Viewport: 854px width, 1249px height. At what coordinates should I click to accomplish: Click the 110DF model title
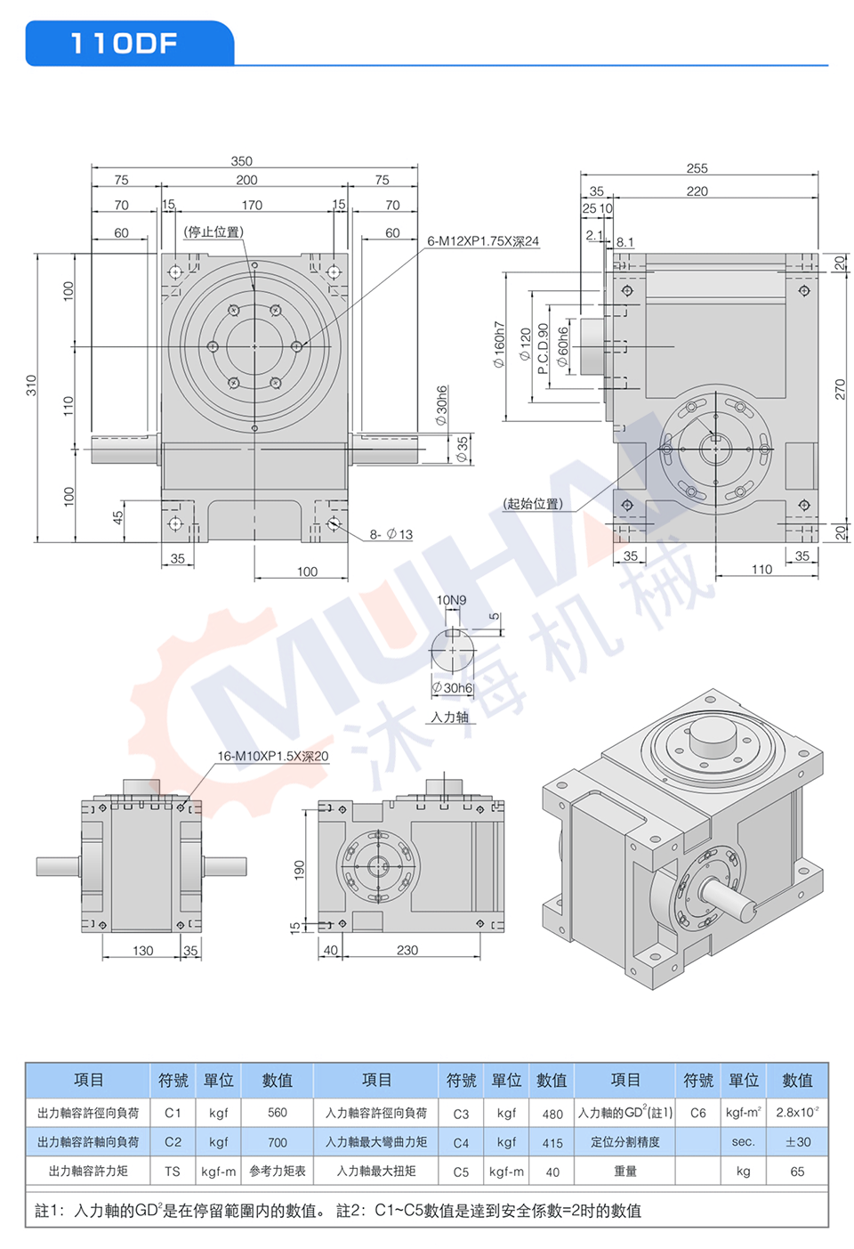124,44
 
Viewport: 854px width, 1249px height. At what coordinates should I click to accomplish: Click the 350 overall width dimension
242,161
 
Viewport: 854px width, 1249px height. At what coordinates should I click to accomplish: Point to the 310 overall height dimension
31,385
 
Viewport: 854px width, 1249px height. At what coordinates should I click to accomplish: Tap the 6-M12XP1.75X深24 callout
483,241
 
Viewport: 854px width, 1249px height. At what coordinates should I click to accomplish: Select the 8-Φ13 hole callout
391,534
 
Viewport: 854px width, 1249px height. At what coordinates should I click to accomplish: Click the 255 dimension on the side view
697,168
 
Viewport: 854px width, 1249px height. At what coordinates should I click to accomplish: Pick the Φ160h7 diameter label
498,345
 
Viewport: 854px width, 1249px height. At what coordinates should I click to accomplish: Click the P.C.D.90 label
543,349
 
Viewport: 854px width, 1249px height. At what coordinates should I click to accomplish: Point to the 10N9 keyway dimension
451,600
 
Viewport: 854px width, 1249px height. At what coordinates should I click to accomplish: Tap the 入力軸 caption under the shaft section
449,717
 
